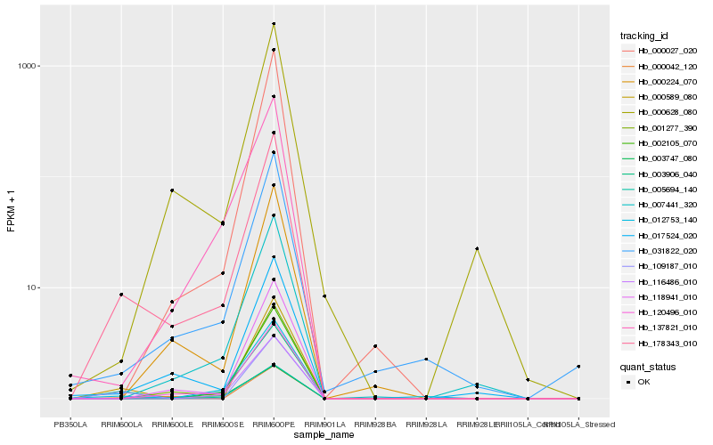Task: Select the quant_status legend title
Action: click(649, 366)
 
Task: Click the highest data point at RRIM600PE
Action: click(274, 24)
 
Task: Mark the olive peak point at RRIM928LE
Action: click(477, 248)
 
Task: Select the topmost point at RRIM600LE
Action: click(172, 190)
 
